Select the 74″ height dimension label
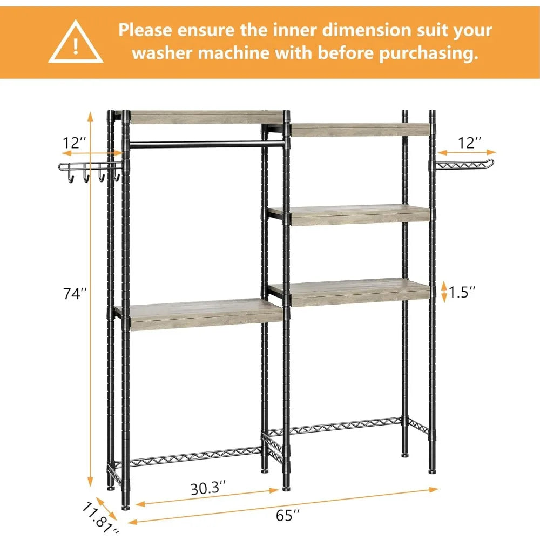point(73,295)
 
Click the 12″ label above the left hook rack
point(75,143)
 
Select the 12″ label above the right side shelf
point(468,143)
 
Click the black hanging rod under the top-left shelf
point(205,145)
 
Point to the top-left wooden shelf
point(207,117)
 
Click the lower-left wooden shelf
point(205,315)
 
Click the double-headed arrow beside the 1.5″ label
point(444,292)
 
